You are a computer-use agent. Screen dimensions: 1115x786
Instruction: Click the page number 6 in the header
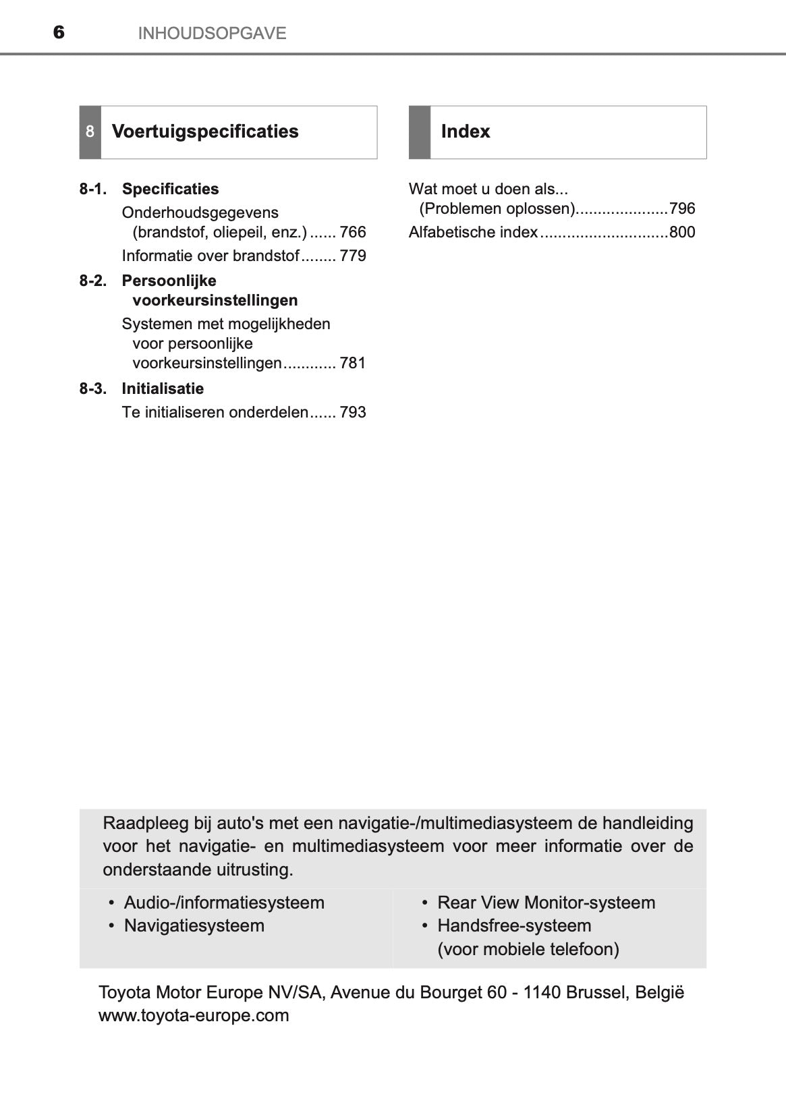pyautogui.click(x=59, y=32)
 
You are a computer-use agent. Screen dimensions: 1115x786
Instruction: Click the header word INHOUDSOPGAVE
pyautogui.click(x=212, y=33)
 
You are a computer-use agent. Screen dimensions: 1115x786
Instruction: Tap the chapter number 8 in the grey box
pyautogui.click(x=90, y=132)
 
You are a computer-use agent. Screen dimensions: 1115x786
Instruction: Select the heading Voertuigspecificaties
pyautogui.click(x=205, y=132)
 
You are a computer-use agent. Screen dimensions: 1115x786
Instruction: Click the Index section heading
pyautogui.click(x=465, y=132)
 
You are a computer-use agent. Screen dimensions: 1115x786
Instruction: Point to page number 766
pyautogui.click(x=353, y=232)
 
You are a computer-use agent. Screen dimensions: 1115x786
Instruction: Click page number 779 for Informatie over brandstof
pyautogui.click(x=353, y=256)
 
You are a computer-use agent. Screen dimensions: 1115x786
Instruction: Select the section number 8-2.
pyautogui.click(x=93, y=281)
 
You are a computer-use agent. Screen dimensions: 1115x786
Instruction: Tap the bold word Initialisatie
pyautogui.click(x=163, y=389)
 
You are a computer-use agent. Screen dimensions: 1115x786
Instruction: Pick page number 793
pyautogui.click(x=353, y=412)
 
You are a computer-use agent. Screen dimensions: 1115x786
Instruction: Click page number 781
pyautogui.click(x=353, y=363)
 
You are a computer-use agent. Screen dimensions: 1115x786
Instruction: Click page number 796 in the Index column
pyautogui.click(x=682, y=208)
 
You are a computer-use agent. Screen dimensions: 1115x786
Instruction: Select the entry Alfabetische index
pyautogui.click(x=473, y=232)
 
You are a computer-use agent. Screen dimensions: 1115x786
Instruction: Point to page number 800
pyautogui.click(x=682, y=232)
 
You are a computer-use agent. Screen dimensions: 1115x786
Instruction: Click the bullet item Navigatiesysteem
pyautogui.click(x=194, y=925)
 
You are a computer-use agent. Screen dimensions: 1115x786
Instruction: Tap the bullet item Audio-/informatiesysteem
pyautogui.click(x=224, y=903)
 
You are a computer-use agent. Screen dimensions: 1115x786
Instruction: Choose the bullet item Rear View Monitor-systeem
pyautogui.click(x=546, y=903)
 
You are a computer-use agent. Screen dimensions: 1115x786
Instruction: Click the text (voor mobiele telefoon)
pyautogui.click(x=528, y=949)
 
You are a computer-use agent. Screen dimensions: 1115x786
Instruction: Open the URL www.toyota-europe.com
pyautogui.click(x=194, y=1015)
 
